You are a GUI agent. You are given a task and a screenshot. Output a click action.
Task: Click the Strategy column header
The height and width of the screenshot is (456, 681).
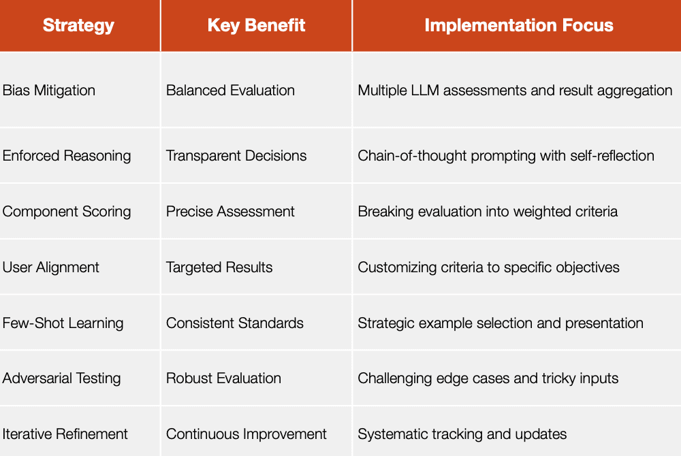point(78,26)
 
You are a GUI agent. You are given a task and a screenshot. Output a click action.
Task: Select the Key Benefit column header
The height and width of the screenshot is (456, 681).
point(256,26)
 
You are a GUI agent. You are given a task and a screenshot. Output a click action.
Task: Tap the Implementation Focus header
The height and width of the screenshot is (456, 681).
point(519,25)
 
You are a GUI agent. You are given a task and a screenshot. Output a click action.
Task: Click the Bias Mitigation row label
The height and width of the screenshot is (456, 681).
point(48,91)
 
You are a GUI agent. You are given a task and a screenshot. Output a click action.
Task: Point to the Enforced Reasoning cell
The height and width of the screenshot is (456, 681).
point(67,156)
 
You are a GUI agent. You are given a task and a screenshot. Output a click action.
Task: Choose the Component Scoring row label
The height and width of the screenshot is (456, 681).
point(67,212)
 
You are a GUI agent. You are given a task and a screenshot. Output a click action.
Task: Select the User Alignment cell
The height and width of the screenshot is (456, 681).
point(50,267)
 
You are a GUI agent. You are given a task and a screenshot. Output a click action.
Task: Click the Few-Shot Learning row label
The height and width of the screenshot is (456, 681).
point(63,323)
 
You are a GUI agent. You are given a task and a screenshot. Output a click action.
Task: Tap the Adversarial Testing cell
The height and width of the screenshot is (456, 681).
point(61,378)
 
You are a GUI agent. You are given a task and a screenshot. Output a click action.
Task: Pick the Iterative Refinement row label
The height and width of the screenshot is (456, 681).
point(65,434)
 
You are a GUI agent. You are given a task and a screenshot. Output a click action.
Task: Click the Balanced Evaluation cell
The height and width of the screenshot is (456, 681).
point(230,91)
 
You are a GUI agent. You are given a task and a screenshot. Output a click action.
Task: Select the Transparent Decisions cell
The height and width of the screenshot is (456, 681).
point(236,156)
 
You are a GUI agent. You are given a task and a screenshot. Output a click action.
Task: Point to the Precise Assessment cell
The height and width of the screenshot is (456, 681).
point(230,211)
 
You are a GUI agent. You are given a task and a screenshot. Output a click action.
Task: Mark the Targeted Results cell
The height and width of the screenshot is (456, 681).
point(219,267)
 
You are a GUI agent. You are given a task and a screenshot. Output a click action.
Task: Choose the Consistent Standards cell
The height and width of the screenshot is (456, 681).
point(234,323)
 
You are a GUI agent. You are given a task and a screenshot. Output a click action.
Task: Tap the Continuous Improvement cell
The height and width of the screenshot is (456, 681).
point(247,434)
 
